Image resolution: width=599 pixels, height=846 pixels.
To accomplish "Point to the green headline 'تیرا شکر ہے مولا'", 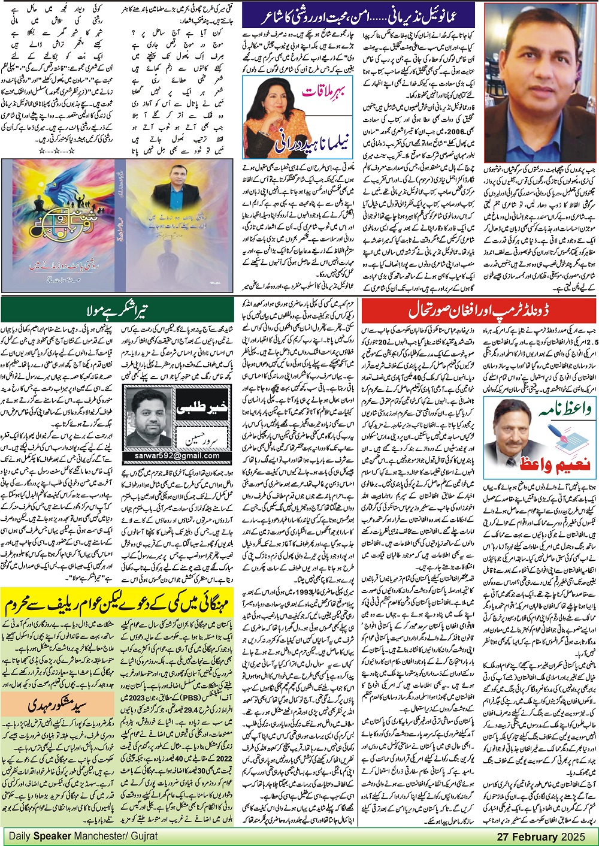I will point(118,311).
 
